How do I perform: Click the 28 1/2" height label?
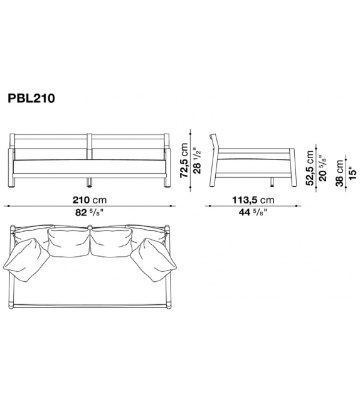198,159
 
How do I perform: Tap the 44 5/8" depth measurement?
250,212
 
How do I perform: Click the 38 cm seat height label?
340,169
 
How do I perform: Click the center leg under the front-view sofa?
90,183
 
